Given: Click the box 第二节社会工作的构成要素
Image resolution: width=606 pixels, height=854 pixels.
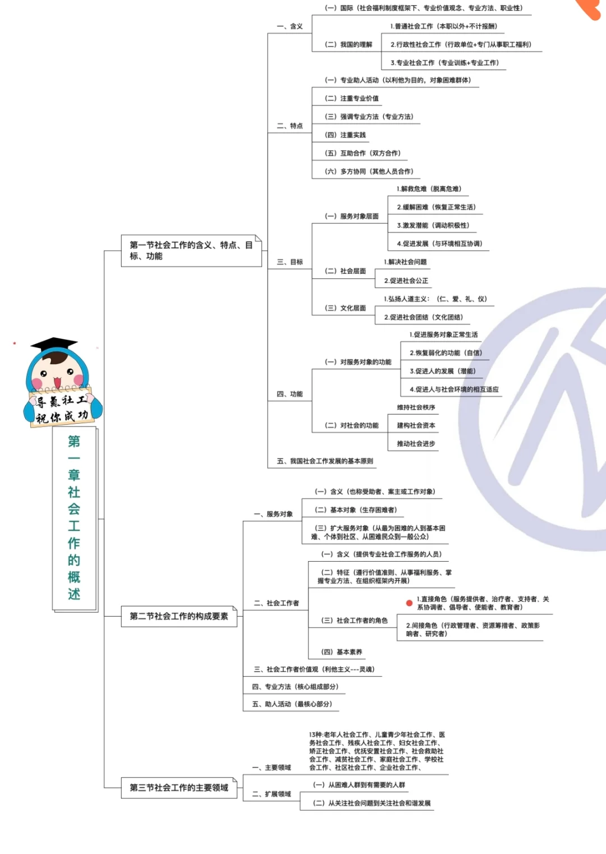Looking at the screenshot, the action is [179, 616].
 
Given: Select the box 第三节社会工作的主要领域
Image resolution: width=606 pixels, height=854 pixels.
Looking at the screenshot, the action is [179, 788].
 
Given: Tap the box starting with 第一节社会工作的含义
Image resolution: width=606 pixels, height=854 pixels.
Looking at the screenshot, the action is [191, 250].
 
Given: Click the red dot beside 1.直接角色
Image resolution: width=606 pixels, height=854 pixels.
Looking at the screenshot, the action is [409, 603].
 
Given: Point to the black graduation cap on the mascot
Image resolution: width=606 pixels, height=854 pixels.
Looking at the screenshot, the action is [54, 343].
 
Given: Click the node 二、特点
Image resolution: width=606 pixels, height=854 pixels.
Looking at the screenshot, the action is [290, 126].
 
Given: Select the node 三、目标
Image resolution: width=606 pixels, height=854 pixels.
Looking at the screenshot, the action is [290, 262].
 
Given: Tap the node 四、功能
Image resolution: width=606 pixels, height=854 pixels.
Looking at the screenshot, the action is [290, 394].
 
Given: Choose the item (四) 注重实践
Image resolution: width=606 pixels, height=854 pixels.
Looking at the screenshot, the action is [345, 135].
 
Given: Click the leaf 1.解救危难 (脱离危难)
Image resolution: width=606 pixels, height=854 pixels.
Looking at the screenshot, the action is [429, 189].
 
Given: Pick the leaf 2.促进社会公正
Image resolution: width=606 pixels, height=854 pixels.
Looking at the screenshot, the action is [406, 281].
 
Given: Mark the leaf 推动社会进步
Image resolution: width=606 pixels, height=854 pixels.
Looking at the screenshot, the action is [416, 443].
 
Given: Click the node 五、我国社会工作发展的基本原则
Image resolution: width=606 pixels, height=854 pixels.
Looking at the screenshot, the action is [325, 461].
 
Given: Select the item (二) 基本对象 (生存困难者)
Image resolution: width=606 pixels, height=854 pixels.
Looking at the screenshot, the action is [356, 510].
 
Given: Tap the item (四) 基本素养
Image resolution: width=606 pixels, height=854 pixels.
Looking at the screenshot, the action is [342, 652].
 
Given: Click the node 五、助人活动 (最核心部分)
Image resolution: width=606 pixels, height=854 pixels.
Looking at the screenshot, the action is [292, 704].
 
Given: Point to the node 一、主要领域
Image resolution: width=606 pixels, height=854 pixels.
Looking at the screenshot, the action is [272, 768].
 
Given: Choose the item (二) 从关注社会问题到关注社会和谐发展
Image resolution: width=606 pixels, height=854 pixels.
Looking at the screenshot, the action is [372, 804].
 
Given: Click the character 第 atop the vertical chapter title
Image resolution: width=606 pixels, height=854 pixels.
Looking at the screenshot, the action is [74, 442].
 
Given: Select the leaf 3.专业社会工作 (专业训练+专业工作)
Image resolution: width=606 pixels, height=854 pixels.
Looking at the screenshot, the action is [445, 63].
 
